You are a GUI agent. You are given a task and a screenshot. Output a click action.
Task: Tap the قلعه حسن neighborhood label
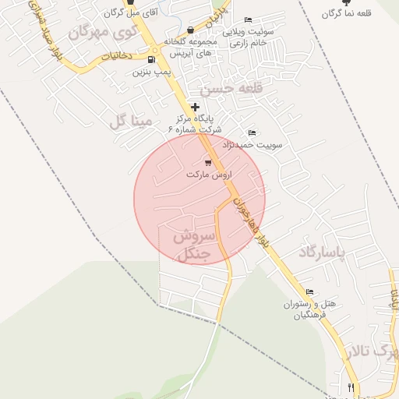[x=228, y=89]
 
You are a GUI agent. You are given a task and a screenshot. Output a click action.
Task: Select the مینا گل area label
[x=129, y=120]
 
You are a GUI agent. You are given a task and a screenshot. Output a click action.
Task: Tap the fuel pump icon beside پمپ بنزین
[x=150, y=59]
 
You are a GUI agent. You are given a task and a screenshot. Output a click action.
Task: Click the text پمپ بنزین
[x=150, y=72]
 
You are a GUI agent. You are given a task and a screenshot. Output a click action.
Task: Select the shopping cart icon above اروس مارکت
[x=208, y=161]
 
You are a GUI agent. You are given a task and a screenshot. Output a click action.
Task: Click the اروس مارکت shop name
[x=209, y=175]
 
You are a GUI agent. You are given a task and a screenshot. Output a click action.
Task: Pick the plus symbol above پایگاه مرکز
[x=195, y=106]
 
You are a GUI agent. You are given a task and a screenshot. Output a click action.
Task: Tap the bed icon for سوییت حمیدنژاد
[x=251, y=132]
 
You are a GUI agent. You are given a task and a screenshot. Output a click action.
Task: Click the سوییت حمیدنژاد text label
[x=253, y=145]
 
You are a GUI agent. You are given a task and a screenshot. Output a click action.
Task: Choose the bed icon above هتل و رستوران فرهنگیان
[x=310, y=292]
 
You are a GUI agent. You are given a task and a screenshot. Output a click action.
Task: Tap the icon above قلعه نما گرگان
[x=347, y=3]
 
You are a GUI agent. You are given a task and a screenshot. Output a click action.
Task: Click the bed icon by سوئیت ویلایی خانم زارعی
[x=248, y=19]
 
